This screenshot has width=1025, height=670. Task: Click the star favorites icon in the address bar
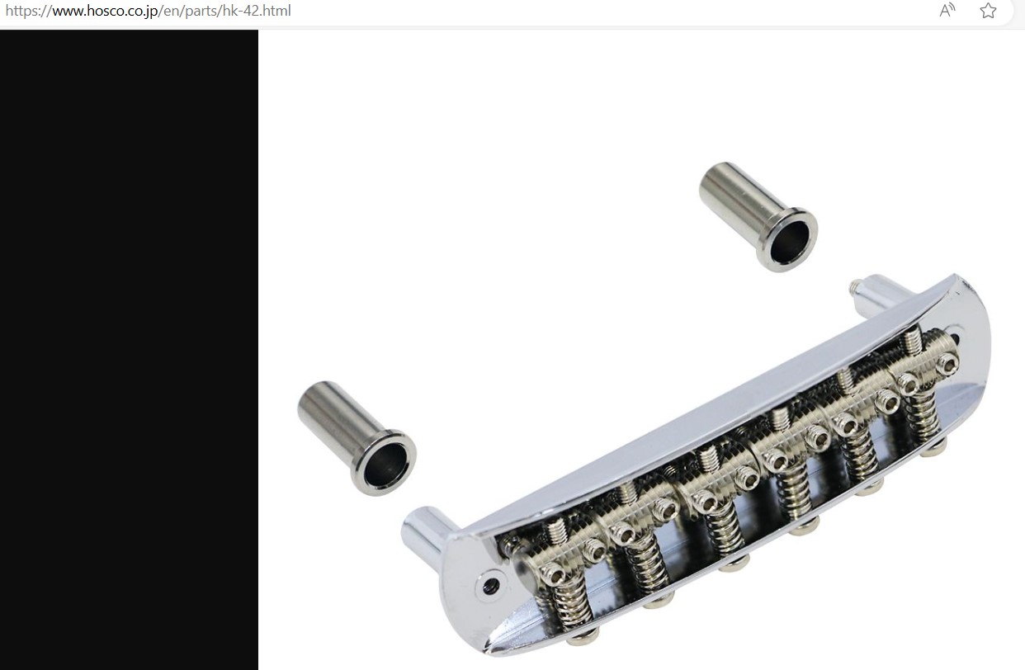[989, 11]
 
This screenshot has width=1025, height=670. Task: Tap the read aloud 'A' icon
[947, 10]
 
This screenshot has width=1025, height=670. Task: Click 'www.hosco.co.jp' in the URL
[106, 11]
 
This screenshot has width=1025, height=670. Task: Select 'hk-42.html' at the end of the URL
[257, 11]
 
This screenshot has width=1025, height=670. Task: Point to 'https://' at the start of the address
[28, 11]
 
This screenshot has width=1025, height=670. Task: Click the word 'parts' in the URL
[200, 11]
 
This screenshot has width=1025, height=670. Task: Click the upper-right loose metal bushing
[758, 216]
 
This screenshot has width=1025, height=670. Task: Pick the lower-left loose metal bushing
[357, 438]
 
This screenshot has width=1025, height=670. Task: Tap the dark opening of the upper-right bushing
[789, 243]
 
